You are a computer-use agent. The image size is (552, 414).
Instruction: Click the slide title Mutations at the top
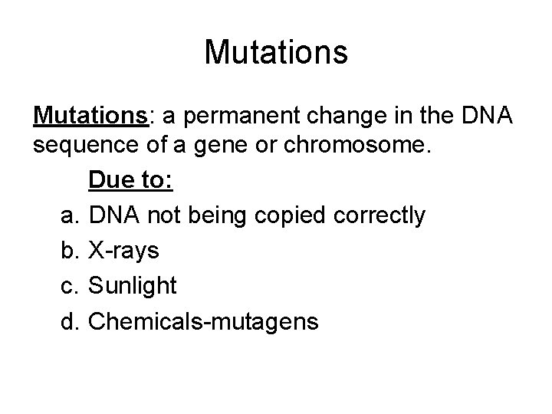point(276,53)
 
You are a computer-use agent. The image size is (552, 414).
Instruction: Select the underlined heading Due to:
point(131,182)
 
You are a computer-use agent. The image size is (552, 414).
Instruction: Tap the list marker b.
point(70,251)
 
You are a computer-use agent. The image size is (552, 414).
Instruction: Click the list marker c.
point(70,286)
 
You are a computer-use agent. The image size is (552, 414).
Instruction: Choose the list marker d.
point(70,321)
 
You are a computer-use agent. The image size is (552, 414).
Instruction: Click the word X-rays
point(124,251)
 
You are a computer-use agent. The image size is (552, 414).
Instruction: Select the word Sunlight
point(133,286)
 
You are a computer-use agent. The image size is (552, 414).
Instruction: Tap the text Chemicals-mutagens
point(203,321)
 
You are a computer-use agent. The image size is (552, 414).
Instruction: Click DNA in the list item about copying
point(113,216)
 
